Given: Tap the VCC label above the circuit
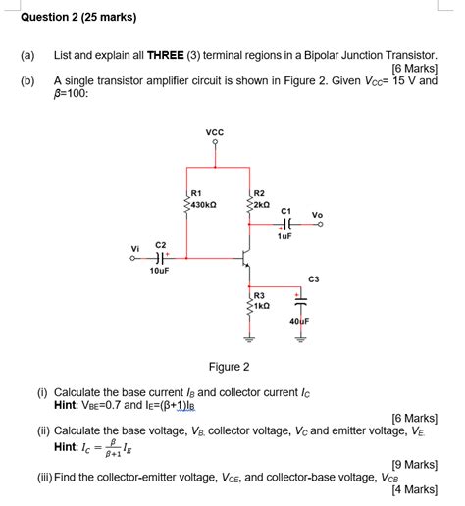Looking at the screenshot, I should coord(215,133).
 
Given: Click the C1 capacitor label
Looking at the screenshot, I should coord(286,211).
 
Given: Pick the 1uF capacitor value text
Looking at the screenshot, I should coord(284,236).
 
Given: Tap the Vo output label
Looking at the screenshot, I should coord(317,215).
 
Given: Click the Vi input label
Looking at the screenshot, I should coord(135,248).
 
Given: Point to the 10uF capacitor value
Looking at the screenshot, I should coord(160,271).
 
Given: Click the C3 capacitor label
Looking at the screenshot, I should coord(313,279).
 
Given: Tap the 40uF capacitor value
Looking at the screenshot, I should coord(299,321).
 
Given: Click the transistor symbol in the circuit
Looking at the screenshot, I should coord(246,259).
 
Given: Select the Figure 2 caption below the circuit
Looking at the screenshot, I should coord(228,367).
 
